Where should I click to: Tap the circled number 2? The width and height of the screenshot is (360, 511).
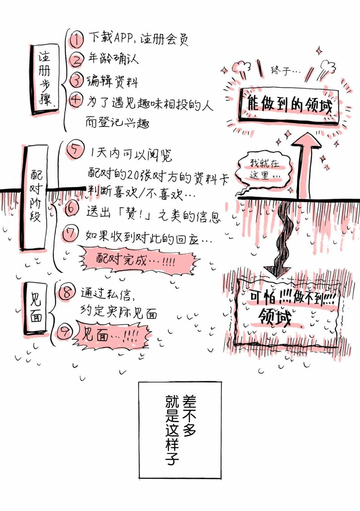[x=76, y=60]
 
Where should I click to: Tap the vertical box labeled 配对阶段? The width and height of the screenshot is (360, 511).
[x=35, y=198]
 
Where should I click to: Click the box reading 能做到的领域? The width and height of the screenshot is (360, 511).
[x=289, y=105]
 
